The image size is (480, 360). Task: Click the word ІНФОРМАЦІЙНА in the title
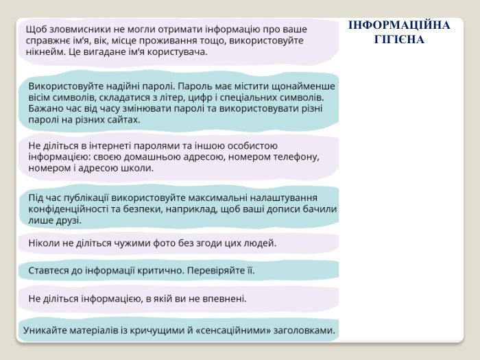click(399, 25)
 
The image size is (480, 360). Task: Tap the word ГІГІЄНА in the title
click(399, 39)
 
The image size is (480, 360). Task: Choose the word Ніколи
click(44, 243)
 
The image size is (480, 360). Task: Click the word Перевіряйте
click(215, 270)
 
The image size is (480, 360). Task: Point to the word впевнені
click(225, 298)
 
